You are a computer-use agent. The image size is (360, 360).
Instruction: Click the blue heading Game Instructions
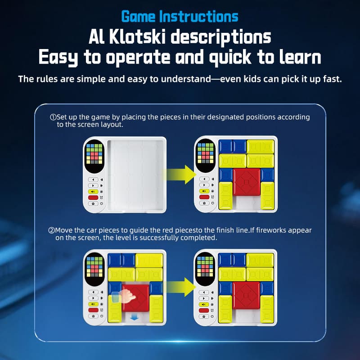(x=180, y=17)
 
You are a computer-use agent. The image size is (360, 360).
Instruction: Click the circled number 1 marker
(x=52, y=117)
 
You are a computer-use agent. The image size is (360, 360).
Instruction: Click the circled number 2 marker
(x=52, y=230)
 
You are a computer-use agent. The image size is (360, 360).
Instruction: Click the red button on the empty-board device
(x=93, y=197)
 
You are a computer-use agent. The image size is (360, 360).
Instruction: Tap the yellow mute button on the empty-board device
(x=93, y=191)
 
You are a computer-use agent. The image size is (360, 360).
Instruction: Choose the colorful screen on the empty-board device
(x=94, y=154)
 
